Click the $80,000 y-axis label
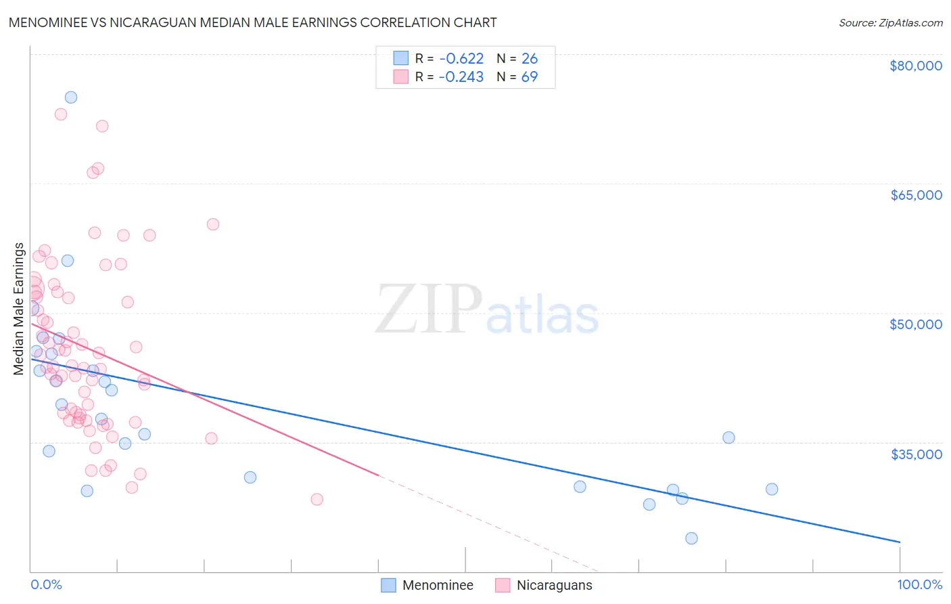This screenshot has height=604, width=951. click(915, 66)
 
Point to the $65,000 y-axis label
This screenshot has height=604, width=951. click(915, 195)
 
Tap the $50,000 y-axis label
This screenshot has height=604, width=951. click(915, 324)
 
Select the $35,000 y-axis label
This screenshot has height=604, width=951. click(915, 454)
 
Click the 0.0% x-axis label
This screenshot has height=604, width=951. click(46, 584)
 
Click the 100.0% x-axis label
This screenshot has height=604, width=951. click(919, 584)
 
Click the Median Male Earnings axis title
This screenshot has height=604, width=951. click(19, 308)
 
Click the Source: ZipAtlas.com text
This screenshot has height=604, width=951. click(890, 22)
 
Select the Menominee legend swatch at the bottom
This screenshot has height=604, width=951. click(388, 585)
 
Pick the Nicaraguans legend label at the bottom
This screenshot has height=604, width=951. click(554, 585)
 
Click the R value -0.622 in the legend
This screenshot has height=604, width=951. click(461, 59)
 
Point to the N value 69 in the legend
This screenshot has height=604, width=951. click(529, 77)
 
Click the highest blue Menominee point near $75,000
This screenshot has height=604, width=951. click(70, 97)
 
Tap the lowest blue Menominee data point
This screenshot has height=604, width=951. click(691, 538)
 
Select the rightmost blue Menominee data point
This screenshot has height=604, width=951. click(772, 489)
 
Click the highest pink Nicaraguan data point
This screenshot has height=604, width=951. click(61, 114)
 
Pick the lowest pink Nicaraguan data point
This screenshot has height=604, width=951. click(317, 499)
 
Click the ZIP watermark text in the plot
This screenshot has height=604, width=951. click(428, 309)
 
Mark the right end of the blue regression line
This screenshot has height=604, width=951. click(900, 542)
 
